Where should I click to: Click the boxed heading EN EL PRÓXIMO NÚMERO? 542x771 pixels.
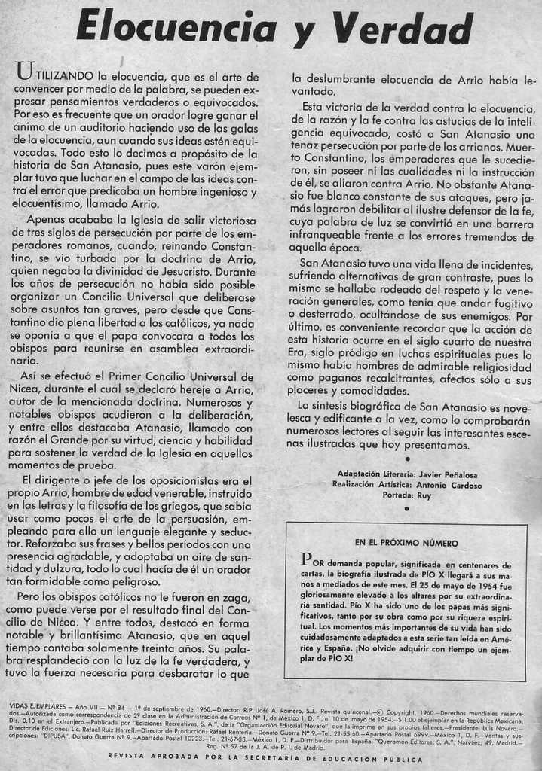406,543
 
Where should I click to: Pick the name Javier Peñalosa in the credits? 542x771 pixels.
449,474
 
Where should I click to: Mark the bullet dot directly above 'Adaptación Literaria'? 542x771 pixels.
407,459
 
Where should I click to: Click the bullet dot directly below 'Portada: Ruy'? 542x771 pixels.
407,509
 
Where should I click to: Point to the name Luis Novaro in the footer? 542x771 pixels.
499,728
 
